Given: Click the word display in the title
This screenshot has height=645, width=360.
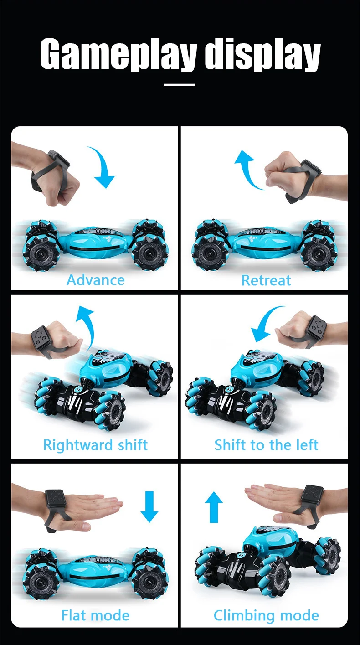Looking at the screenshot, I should (262, 56).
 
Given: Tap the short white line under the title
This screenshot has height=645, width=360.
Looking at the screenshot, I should (180, 84).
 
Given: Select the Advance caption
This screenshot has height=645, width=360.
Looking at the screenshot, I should (95, 280).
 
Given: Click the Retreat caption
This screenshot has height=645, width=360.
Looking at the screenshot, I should (266, 280).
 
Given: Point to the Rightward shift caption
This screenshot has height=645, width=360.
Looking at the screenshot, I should (95, 444).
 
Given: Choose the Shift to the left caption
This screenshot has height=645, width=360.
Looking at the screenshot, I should (266, 444).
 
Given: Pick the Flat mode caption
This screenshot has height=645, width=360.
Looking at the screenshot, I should (95, 616).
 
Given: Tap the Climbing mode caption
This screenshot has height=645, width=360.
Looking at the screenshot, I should (266, 616).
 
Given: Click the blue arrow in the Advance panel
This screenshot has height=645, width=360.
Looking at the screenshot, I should (103, 168).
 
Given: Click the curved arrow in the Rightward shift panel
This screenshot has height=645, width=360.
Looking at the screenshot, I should (85, 324).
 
